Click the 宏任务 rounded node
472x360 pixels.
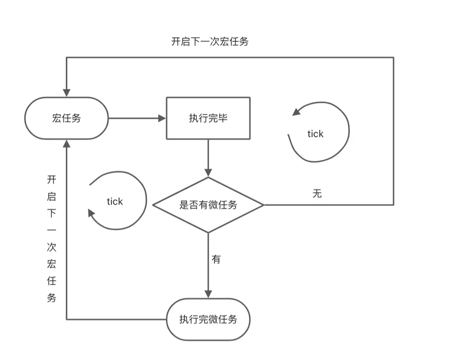(67, 118)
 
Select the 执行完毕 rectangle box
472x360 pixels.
(208, 118)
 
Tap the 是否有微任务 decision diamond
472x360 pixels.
(208, 205)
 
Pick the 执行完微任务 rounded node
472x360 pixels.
(208, 319)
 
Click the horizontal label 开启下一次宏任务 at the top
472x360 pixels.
(210, 41)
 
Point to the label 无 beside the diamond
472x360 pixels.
(317, 194)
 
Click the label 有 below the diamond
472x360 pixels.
(216, 260)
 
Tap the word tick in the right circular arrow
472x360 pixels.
(316, 134)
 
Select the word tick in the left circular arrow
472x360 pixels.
(115, 201)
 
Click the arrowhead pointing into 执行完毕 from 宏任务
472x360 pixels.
(162, 118)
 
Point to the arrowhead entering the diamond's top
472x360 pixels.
(208, 172)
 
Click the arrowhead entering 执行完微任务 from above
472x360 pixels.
(208, 294)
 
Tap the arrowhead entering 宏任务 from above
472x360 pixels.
(67, 93)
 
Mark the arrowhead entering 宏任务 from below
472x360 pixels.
(67, 144)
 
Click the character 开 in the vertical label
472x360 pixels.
(51, 180)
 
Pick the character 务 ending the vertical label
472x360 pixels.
(51, 298)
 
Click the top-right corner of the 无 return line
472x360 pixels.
(393, 57)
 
